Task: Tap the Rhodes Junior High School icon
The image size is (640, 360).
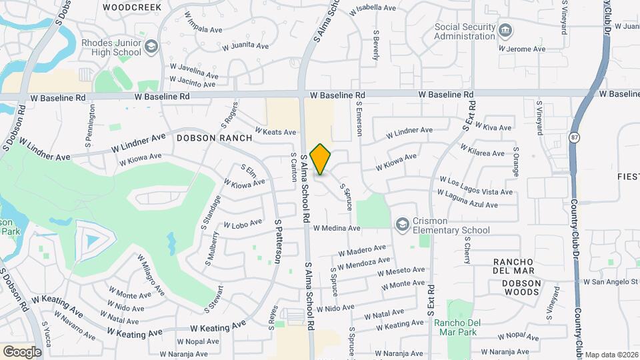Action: [x=151, y=46]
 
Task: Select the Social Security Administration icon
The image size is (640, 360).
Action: [x=505, y=31]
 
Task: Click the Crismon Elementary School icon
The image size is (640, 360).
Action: [x=402, y=224]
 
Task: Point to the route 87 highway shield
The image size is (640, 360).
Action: [x=574, y=137]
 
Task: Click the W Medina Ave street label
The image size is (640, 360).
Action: [x=337, y=228]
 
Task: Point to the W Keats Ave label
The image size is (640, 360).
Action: [x=275, y=131]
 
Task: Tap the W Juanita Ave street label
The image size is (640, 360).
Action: [x=245, y=46]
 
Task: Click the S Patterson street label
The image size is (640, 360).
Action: [x=277, y=241]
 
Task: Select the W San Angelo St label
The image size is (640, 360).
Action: [x=611, y=282]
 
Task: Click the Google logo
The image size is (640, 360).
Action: [x=22, y=351]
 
